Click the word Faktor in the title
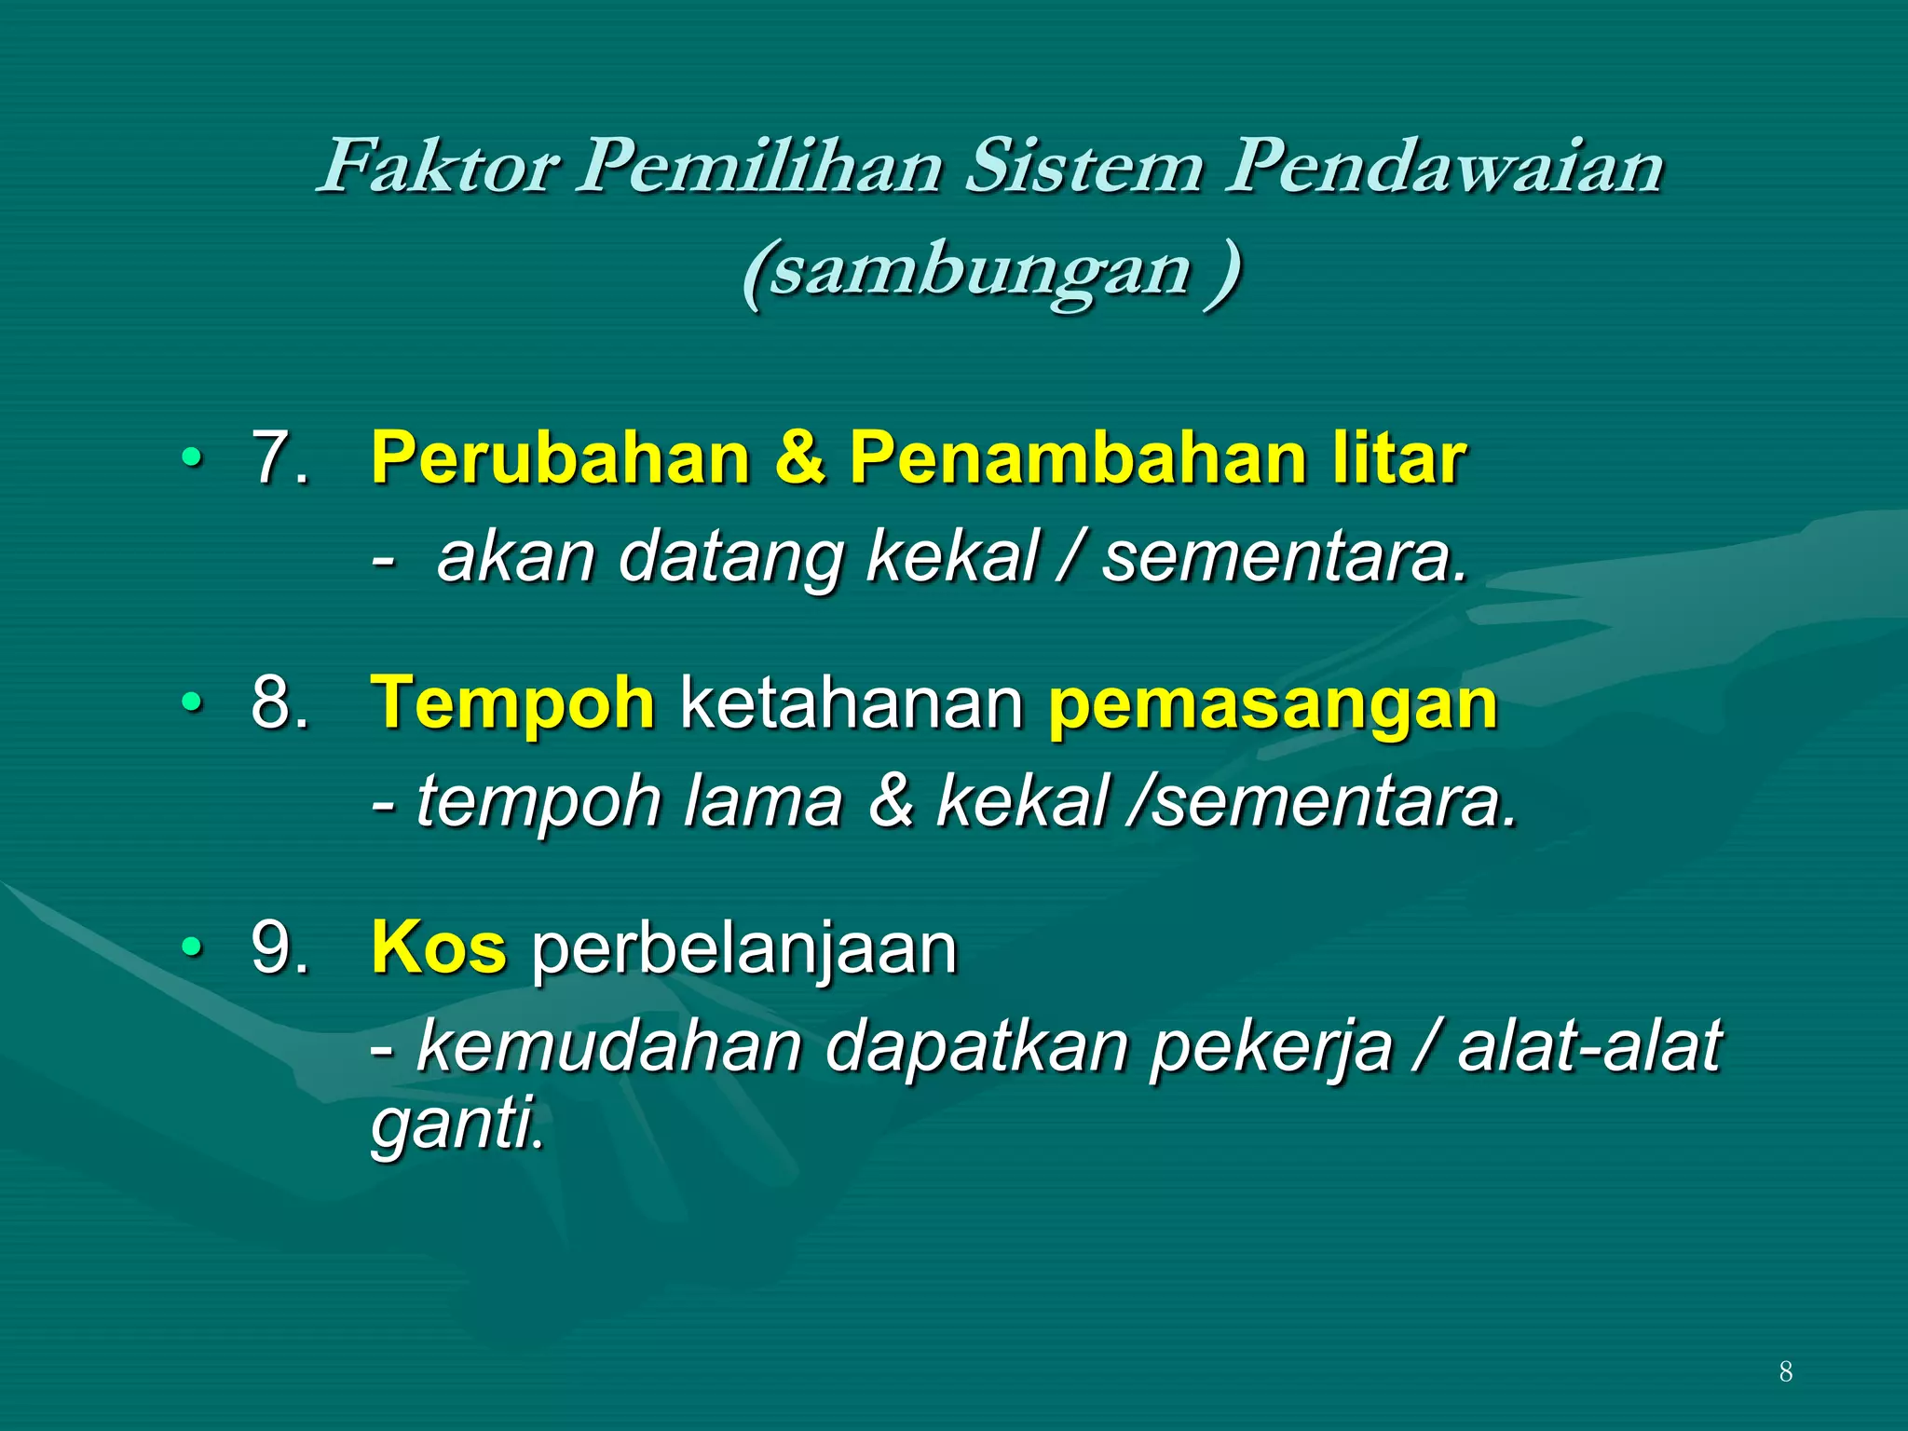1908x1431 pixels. [438, 168]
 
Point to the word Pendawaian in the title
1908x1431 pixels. [1443, 168]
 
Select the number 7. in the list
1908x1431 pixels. [279, 458]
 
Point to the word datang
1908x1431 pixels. [730, 557]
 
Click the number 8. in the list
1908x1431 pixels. [279, 702]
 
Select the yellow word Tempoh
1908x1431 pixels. [512, 704]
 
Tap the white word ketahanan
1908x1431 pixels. [852, 704]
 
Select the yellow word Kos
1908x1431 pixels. [439, 948]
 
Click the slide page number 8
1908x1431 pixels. [1785, 1371]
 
